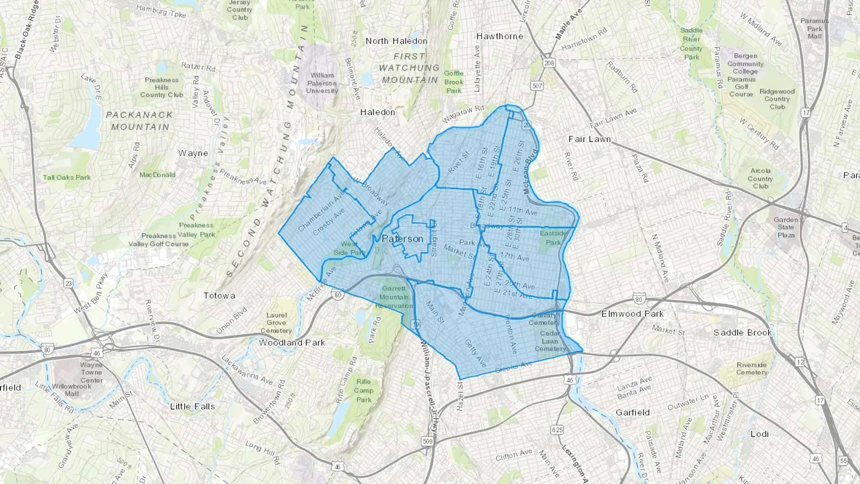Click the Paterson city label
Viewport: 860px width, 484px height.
(x=402, y=239)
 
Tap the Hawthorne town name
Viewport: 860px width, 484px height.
(x=500, y=36)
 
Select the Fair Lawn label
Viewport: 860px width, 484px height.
(x=590, y=139)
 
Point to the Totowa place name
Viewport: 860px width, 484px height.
(x=219, y=296)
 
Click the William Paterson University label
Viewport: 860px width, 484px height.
(x=322, y=83)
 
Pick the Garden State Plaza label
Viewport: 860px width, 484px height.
(x=786, y=227)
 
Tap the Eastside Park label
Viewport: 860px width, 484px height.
(x=553, y=238)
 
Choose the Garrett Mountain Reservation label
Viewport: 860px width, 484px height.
(x=394, y=297)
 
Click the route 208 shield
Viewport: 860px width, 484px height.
(x=549, y=63)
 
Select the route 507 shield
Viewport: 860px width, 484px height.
(x=537, y=86)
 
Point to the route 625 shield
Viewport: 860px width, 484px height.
(x=556, y=430)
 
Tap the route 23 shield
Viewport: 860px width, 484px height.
(x=69, y=283)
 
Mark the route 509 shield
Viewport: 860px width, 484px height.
(x=427, y=442)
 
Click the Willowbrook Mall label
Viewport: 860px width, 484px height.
(x=72, y=390)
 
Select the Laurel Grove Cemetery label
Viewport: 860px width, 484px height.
(x=276, y=323)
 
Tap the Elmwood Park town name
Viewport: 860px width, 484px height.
(x=633, y=314)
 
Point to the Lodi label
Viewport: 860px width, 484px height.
(x=759, y=434)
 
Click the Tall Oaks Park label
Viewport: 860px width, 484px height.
(x=67, y=177)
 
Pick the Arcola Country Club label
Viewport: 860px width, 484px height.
(x=760, y=179)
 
